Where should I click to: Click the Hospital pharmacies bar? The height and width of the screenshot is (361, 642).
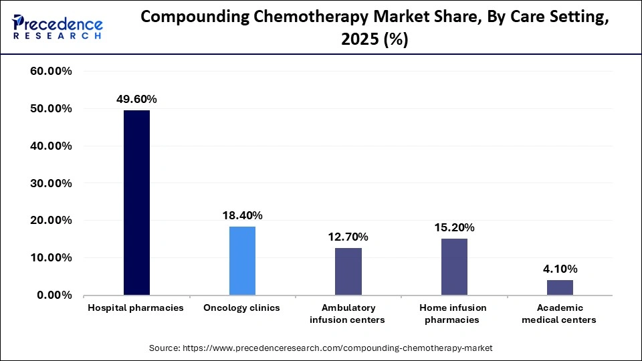coord(136,203)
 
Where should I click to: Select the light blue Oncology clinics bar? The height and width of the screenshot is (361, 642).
coord(242,261)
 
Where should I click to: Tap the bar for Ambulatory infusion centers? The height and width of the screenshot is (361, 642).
coord(348,271)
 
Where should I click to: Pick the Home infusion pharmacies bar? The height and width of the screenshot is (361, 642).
coord(454,267)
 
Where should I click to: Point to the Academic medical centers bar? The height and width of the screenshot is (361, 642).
coord(560,287)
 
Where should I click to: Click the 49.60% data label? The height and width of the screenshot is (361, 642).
coord(136,100)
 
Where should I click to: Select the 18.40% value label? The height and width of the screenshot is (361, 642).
coord(242,215)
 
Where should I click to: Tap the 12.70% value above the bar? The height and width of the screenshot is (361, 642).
coord(348,237)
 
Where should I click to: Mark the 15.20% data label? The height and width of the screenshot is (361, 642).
coord(454,227)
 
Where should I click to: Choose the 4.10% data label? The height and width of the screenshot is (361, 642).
coord(560,269)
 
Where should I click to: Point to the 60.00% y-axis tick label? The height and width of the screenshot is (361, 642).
coord(51,72)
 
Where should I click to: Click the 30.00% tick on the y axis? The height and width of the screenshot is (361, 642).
coord(51,183)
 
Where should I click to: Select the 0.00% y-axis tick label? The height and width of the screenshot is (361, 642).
coord(54,295)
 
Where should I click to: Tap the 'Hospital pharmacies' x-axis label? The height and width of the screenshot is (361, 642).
coord(136,308)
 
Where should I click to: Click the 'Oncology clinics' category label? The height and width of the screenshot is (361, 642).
coord(242,308)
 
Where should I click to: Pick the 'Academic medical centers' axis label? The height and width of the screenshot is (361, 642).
coord(560,314)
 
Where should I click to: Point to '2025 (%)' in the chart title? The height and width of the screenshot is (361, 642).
coord(374,40)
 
